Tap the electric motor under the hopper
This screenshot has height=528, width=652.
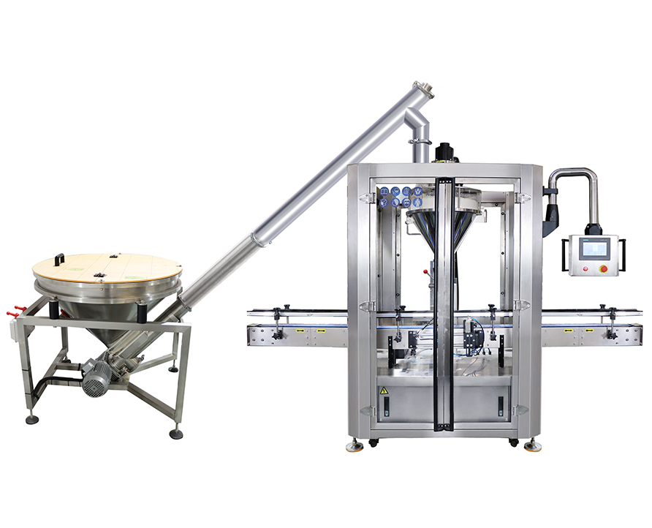[96, 377]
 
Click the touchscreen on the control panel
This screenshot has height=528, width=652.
[594, 249]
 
